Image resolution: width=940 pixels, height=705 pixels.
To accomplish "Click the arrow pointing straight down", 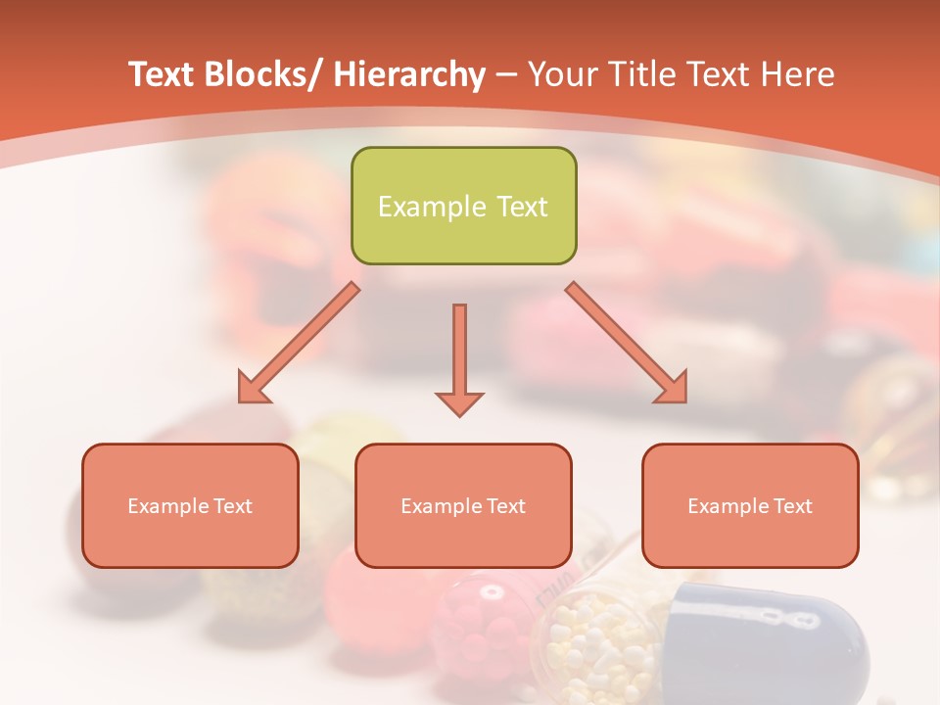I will pyautogui.click(x=459, y=352).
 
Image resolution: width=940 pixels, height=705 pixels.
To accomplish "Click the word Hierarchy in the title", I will pyautogui.click(x=408, y=74).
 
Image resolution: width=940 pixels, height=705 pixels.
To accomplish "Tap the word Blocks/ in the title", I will pyautogui.click(x=261, y=74).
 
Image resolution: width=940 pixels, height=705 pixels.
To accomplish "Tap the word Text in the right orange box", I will pyautogui.click(x=789, y=506).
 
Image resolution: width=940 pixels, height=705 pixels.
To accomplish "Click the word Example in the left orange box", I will pyautogui.click(x=167, y=506).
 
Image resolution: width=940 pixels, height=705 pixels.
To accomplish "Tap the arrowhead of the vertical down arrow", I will pyautogui.click(x=459, y=402).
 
